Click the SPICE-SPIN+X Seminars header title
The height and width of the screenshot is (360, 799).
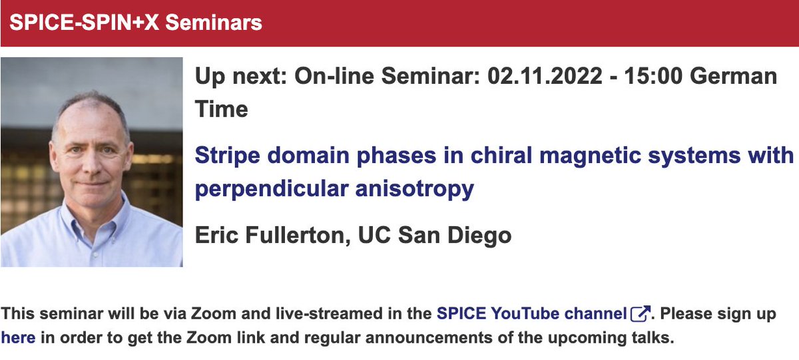click(x=136, y=23)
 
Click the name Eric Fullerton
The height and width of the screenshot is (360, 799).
click(x=268, y=235)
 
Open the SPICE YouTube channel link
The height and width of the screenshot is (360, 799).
click(x=531, y=313)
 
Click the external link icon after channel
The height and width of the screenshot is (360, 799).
click(x=639, y=313)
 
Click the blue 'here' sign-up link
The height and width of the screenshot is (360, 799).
click(x=18, y=337)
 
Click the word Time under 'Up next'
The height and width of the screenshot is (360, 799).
click(x=221, y=108)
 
